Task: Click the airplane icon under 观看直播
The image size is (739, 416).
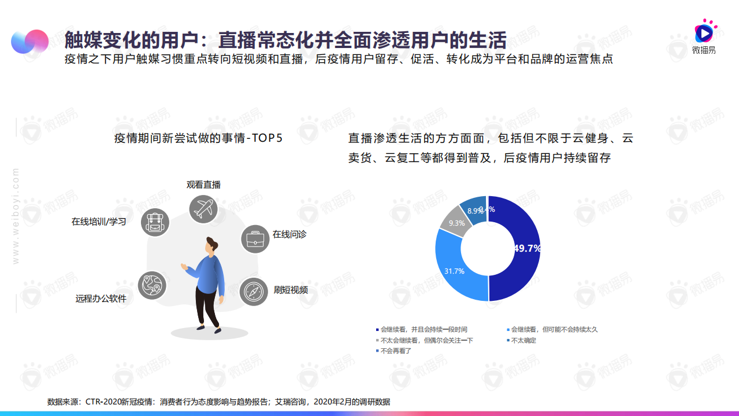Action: click(203, 209)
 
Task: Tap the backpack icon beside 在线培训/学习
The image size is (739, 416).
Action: click(155, 222)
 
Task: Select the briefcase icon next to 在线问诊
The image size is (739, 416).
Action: click(255, 239)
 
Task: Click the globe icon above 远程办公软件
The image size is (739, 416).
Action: click(152, 285)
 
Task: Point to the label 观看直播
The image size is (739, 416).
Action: click(203, 185)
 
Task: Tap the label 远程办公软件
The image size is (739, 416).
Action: click(101, 299)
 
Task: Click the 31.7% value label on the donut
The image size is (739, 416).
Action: click(454, 271)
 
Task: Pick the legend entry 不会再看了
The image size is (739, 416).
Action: click(396, 351)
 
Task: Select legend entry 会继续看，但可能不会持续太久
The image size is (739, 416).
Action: click(554, 329)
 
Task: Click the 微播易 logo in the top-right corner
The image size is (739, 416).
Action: click(704, 36)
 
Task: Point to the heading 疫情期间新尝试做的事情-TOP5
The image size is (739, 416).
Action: click(198, 138)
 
